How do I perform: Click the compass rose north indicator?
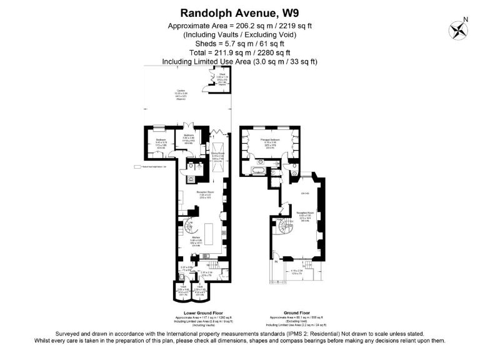pyautogui.click(x=458, y=29)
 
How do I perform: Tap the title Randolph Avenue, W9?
pyautogui.click(x=239, y=12)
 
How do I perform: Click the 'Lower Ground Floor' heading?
pyautogui.click(x=199, y=312)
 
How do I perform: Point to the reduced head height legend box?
pyautogui.click(x=136, y=167)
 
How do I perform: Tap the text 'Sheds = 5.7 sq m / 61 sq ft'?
pyautogui.click(x=239, y=44)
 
